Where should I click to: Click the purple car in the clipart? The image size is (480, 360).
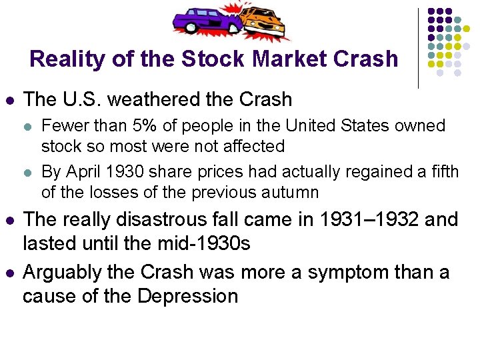tap(206, 19)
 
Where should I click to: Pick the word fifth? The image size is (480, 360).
tap(441, 172)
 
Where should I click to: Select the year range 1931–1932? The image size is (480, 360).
tap(361, 219)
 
